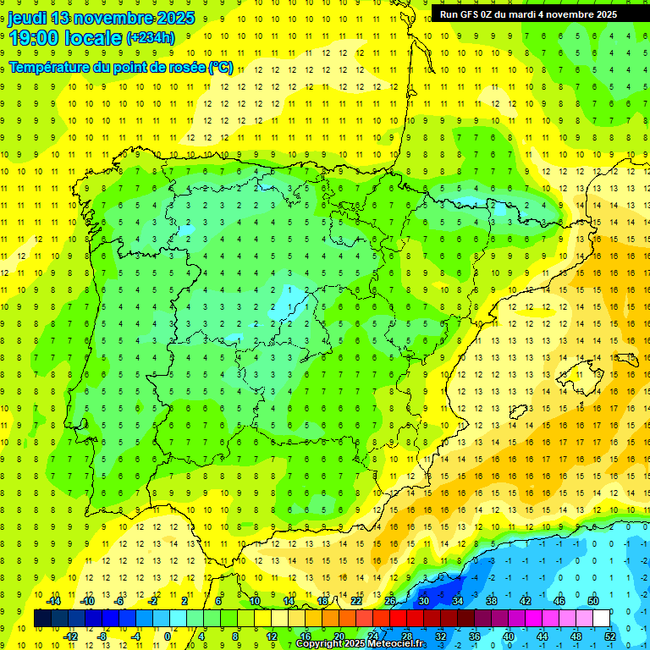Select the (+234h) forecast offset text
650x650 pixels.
pos(150,38)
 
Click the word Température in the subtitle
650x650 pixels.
pos(52,68)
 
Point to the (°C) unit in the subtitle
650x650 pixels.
pos(221,68)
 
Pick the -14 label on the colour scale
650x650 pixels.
pos(53,601)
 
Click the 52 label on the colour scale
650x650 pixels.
pos(610,636)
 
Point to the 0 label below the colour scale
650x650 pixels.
pos(168,636)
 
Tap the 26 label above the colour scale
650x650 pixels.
pos(390,601)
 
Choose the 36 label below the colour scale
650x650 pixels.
pos(475,636)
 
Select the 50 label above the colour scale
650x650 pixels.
pos(593,601)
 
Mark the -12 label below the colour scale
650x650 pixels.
pos(70,636)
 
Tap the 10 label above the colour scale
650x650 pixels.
pos(255,601)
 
